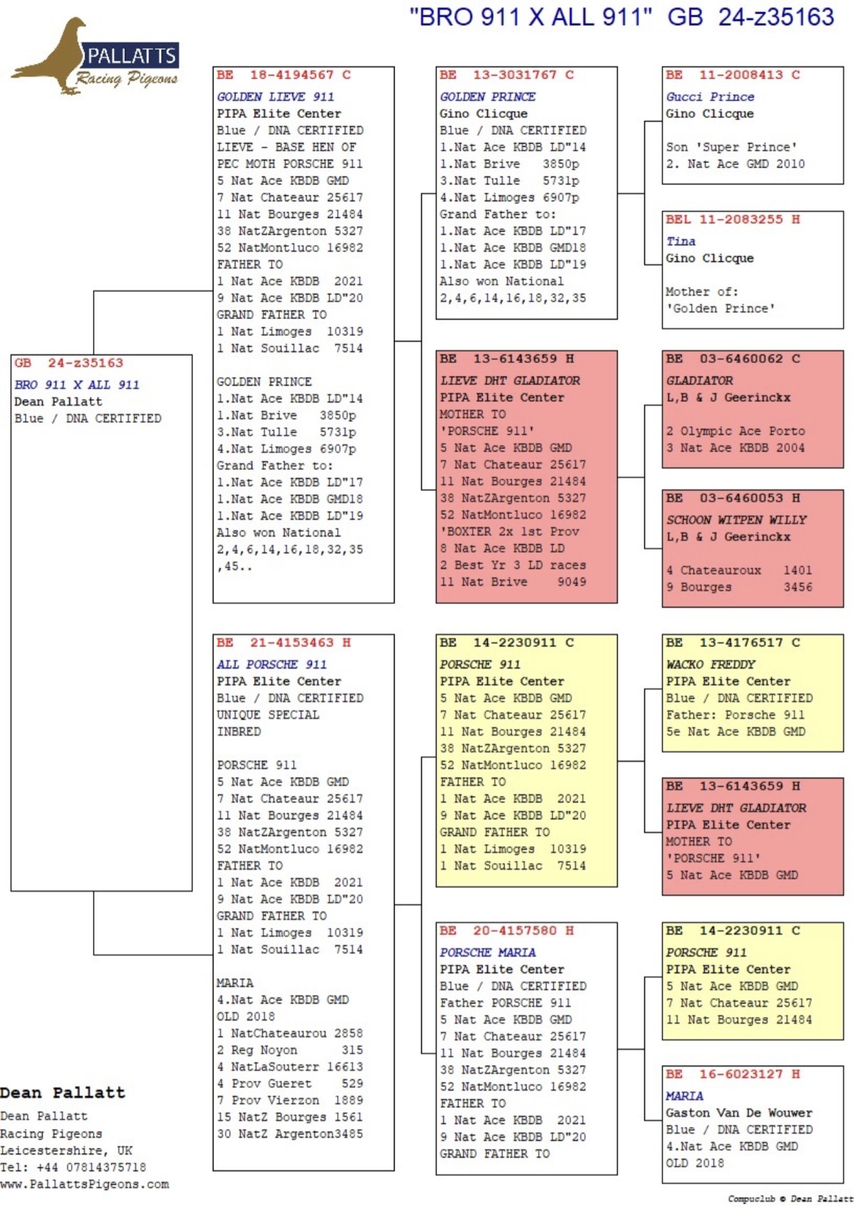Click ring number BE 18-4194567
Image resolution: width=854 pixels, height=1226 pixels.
click(283, 75)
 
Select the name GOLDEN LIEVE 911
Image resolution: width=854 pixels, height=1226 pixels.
click(276, 96)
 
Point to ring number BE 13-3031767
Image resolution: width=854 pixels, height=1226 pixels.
click(507, 75)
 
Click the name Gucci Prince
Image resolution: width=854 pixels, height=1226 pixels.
click(710, 96)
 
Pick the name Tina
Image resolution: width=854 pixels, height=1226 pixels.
click(681, 241)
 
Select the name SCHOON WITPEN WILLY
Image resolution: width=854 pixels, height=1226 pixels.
click(736, 520)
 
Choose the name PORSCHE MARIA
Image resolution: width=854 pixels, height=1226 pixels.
click(488, 952)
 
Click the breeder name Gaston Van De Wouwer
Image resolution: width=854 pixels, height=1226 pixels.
click(739, 1113)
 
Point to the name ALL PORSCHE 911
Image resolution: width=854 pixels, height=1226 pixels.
click(272, 664)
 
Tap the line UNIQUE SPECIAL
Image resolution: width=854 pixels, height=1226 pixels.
click(268, 715)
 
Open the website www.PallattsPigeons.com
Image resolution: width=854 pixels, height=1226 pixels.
click(84, 1184)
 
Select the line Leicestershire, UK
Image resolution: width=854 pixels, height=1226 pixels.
click(66, 1150)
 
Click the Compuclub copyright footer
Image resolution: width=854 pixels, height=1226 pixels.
click(790, 1199)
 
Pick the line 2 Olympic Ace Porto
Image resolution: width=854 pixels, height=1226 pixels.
click(736, 431)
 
